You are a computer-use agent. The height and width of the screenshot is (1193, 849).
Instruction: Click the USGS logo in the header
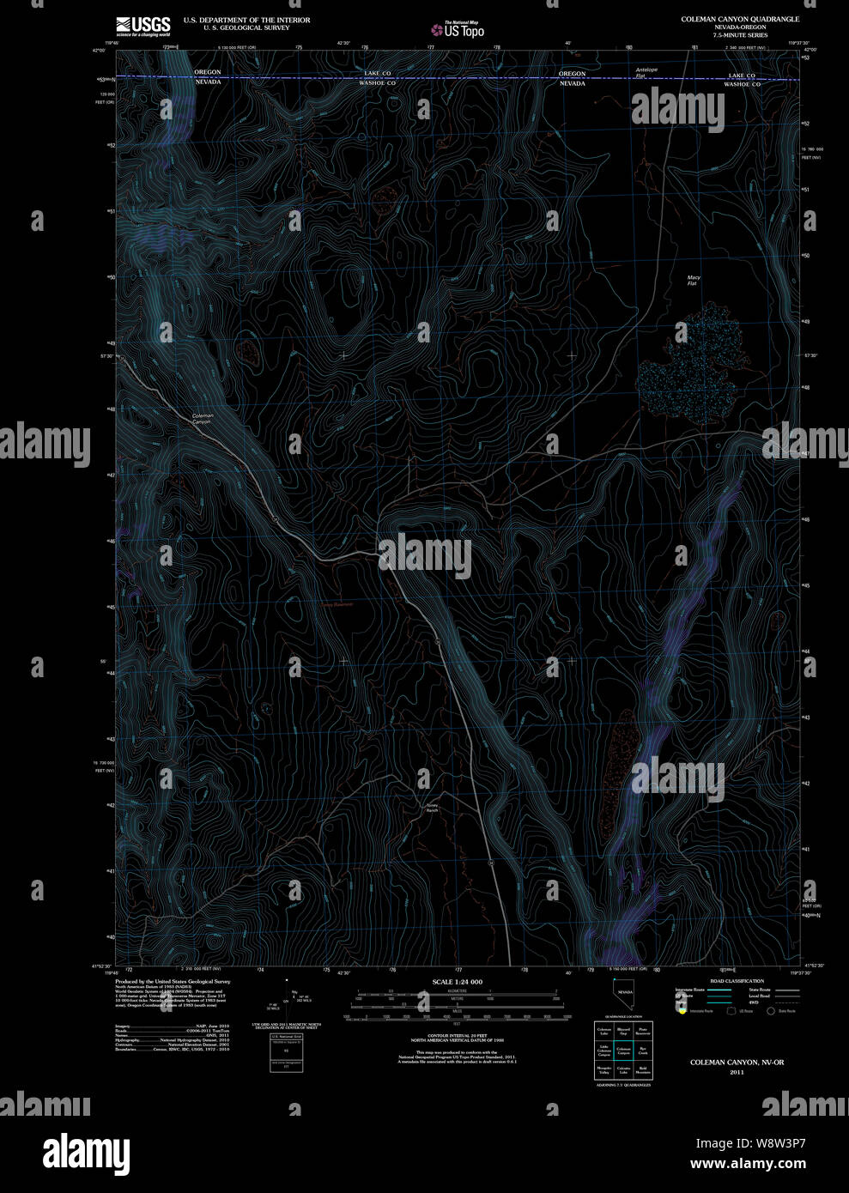coord(143,25)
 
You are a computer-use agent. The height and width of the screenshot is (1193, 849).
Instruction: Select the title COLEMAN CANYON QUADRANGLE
coord(740,19)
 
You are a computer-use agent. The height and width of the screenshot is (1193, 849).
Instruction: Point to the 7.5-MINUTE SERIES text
coord(740,34)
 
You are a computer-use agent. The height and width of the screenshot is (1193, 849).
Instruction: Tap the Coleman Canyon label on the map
coord(202,419)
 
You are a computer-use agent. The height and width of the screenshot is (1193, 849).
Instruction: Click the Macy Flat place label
coord(693,280)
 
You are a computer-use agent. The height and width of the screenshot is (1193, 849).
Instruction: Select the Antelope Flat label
coord(646,72)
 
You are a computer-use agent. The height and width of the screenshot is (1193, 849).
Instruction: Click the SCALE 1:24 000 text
coord(458,981)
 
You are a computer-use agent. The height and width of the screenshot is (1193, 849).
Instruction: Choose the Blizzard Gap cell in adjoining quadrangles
coord(624,1029)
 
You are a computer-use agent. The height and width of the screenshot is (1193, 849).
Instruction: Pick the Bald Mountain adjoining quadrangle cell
coord(644,1070)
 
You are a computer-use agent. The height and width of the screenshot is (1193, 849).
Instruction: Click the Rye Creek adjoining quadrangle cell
coord(644,1050)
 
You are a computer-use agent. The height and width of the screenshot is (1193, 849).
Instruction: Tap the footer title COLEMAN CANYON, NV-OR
coord(737,1063)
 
